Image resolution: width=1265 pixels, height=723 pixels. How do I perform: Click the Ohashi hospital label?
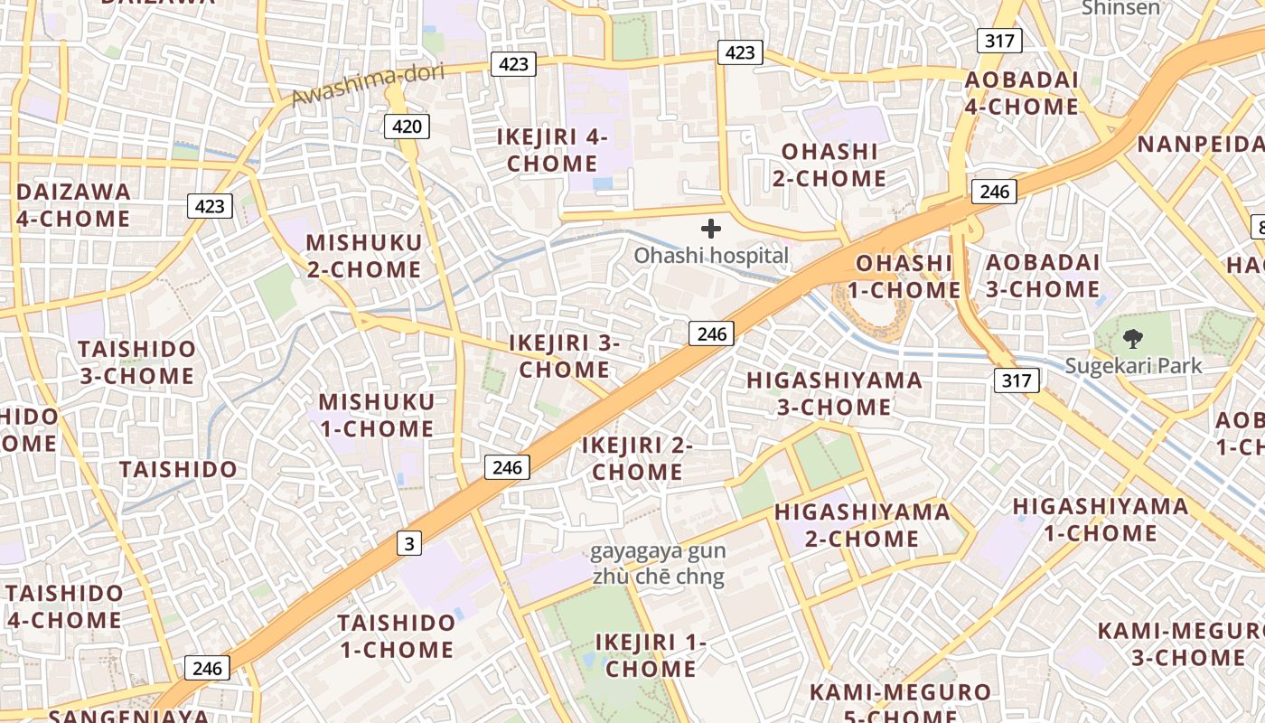point(710,256)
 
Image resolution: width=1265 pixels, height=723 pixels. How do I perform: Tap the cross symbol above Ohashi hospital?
point(711,229)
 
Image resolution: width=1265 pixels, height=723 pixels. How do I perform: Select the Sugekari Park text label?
point(1133,366)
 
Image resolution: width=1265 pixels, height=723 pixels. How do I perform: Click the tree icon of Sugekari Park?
point(1132,340)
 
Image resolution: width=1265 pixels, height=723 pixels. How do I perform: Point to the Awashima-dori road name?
point(368,85)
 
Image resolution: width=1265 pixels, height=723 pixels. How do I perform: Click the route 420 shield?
point(407,126)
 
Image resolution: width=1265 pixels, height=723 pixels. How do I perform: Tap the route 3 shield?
point(410,543)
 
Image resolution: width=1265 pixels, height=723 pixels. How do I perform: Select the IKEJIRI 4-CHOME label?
point(552,150)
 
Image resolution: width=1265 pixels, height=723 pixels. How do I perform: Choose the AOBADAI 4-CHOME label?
point(1021,93)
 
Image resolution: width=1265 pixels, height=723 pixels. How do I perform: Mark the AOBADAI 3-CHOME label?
point(1043,276)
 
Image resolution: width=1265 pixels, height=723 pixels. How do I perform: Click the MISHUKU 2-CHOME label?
point(363,256)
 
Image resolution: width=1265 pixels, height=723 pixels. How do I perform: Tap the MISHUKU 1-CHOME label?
point(376,415)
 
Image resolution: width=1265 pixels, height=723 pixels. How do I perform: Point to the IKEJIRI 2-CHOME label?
point(637,458)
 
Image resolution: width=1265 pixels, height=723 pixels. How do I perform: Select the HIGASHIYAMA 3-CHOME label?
point(834,393)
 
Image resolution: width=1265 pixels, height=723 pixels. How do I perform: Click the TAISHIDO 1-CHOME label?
point(396,636)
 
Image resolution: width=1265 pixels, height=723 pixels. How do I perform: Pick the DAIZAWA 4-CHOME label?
point(73,205)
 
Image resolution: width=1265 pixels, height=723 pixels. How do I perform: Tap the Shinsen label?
point(1120,8)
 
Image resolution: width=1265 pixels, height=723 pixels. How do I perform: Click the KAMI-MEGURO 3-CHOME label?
point(1181,644)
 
